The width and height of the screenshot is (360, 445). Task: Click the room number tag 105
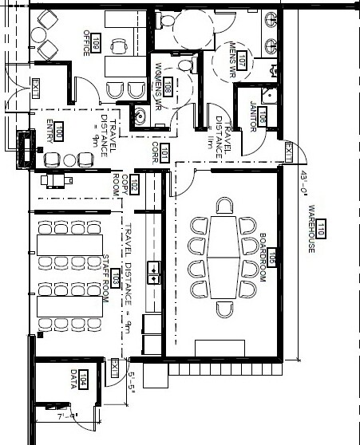[x=271, y=257]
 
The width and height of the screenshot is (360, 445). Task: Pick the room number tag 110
[x=321, y=232]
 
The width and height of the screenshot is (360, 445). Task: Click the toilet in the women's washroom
[x=185, y=65]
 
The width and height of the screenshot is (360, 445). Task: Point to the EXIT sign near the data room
[x=115, y=368]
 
